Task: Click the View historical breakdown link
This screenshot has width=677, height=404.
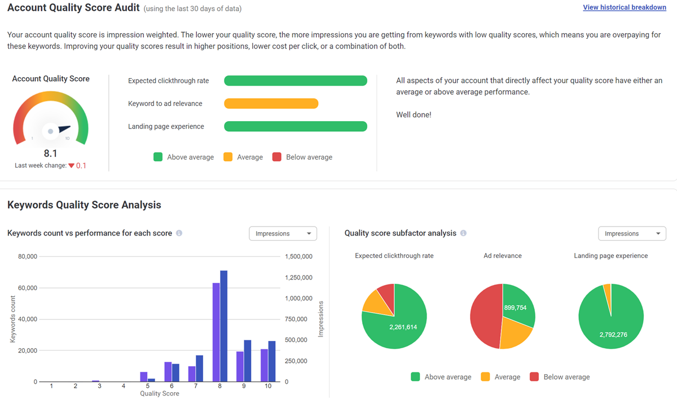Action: pyautogui.click(x=625, y=7)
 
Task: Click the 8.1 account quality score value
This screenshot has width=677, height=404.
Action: pyautogui.click(x=50, y=153)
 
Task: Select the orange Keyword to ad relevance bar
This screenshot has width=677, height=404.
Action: pyautogui.click(x=271, y=104)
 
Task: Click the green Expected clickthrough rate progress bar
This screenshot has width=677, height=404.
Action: pyautogui.click(x=295, y=81)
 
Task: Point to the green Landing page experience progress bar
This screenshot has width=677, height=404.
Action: pyautogui.click(x=295, y=126)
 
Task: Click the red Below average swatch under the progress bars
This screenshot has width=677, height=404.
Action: pyautogui.click(x=276, y=157)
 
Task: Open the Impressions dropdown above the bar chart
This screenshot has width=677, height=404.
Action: pyautogui.click(x=283, y=233)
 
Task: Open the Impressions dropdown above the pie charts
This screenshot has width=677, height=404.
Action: pyautogui.click(x=632, y=233)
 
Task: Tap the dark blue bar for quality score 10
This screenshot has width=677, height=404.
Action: pyautogui.click(x=272, y=361)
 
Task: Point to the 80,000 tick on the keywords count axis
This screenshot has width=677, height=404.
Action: pyautogui.click(x=27, y=256)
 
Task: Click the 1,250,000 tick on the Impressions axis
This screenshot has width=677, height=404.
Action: pyautogui.click(x=298, y=277)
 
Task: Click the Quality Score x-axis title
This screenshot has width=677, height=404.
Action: pyautogui.click(x=160, y=393)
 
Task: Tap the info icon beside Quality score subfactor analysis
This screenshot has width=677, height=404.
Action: pyautogui.click(x=463, y=233)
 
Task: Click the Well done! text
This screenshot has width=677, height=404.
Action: pyautogui.click(x=414, y=115)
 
